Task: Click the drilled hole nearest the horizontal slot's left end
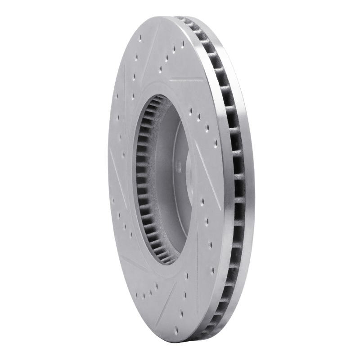pyautogui.click(x=160, y=70)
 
